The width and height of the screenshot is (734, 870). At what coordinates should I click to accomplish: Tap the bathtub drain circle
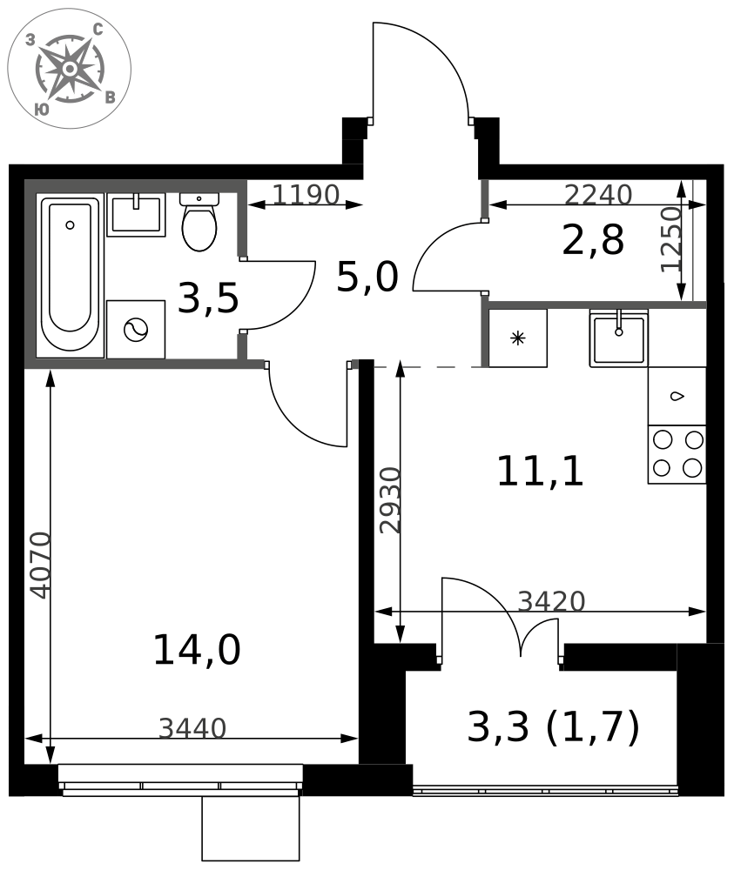tap(70, 224)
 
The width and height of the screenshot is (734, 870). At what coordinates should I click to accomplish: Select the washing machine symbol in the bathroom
tap(136, 330)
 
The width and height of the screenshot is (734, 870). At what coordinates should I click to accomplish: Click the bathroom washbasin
tap(136, 215)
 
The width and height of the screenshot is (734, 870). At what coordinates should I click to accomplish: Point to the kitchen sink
tap(618, 338)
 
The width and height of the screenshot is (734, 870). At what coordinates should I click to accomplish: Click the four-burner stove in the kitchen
tap(677, 454)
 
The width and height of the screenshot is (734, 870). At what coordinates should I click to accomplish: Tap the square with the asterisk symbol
tap(517, 338)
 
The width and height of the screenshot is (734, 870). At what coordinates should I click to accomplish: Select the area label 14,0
tap(197, 650)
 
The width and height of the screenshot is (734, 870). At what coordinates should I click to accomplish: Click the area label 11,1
tap(540, 471)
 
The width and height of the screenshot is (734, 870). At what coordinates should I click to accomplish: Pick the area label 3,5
tap(208, 298)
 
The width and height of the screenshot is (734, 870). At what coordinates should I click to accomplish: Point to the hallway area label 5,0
tap(367, 277)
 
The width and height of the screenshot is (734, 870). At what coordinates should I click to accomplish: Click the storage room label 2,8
tap(593, 240)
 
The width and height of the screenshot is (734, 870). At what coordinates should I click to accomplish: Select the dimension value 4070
tap(41, 565)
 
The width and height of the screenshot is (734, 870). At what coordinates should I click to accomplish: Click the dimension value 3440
tap(192, 728)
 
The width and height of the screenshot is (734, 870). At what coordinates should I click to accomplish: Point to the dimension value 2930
tap(390, 500)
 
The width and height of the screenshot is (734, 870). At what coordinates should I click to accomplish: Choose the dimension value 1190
tap(306, 195)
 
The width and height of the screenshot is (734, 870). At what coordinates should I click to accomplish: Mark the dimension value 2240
tap(598, 195)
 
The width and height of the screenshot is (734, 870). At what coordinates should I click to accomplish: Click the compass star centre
tap(70, 69)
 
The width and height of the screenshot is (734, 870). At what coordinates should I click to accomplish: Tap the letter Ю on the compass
tap(42, 110)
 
